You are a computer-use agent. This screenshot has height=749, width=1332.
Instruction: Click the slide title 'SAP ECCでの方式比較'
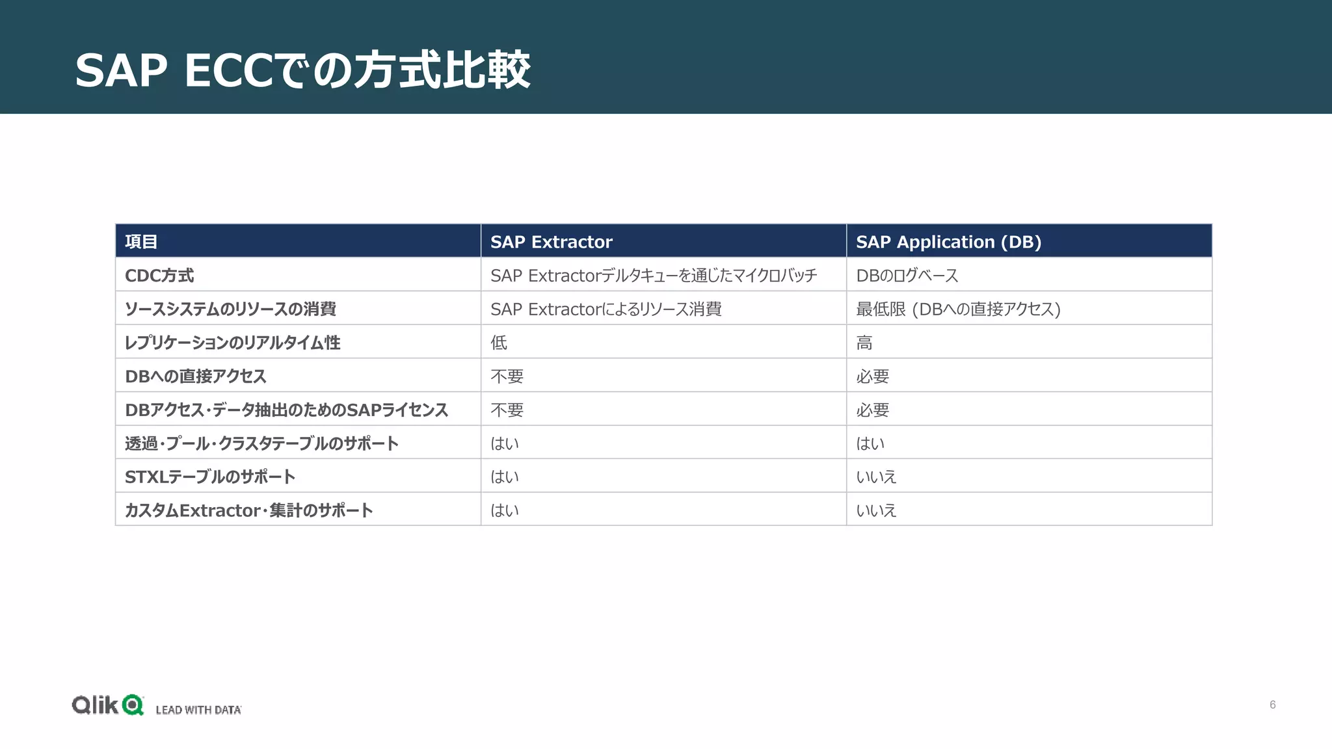click(302, 70)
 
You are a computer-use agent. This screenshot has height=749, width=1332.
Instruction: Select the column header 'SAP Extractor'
click(551, 242)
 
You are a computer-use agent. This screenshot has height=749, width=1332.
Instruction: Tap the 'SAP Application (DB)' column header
click(948, 242)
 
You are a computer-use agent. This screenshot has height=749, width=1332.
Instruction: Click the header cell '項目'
click(141, 242)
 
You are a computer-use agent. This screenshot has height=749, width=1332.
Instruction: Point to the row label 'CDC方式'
click(159, 276)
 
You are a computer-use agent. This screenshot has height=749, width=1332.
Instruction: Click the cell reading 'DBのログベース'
click(907, 276)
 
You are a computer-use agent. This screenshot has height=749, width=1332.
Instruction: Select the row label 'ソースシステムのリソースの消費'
click(230, 309)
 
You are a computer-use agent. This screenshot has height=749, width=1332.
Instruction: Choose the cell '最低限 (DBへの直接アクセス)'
click(957, 309)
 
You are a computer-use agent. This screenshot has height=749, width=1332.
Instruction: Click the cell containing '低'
click(499, 343)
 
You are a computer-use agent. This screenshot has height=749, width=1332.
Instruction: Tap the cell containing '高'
click(864, 343)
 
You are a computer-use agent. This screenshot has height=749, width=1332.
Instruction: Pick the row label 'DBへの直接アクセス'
click(196, 376)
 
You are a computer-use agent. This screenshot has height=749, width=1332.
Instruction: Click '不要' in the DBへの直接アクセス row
click(507, 376)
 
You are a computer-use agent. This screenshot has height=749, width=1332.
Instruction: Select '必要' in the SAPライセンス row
click(872, 410)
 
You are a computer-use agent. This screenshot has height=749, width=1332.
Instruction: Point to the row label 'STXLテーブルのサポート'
click(210, 477)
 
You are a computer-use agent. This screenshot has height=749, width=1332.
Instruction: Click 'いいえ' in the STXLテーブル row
click(876, 477)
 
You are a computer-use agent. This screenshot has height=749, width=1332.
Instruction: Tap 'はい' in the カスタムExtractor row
click(505, 510)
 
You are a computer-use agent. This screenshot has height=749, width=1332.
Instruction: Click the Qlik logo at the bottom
click(107, 705)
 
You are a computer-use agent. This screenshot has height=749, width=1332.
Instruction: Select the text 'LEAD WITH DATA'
click(198, 710)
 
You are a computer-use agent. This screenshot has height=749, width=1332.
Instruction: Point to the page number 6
click(1273, 705)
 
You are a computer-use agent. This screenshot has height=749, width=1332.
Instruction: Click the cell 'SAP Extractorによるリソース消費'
click(606, 309)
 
